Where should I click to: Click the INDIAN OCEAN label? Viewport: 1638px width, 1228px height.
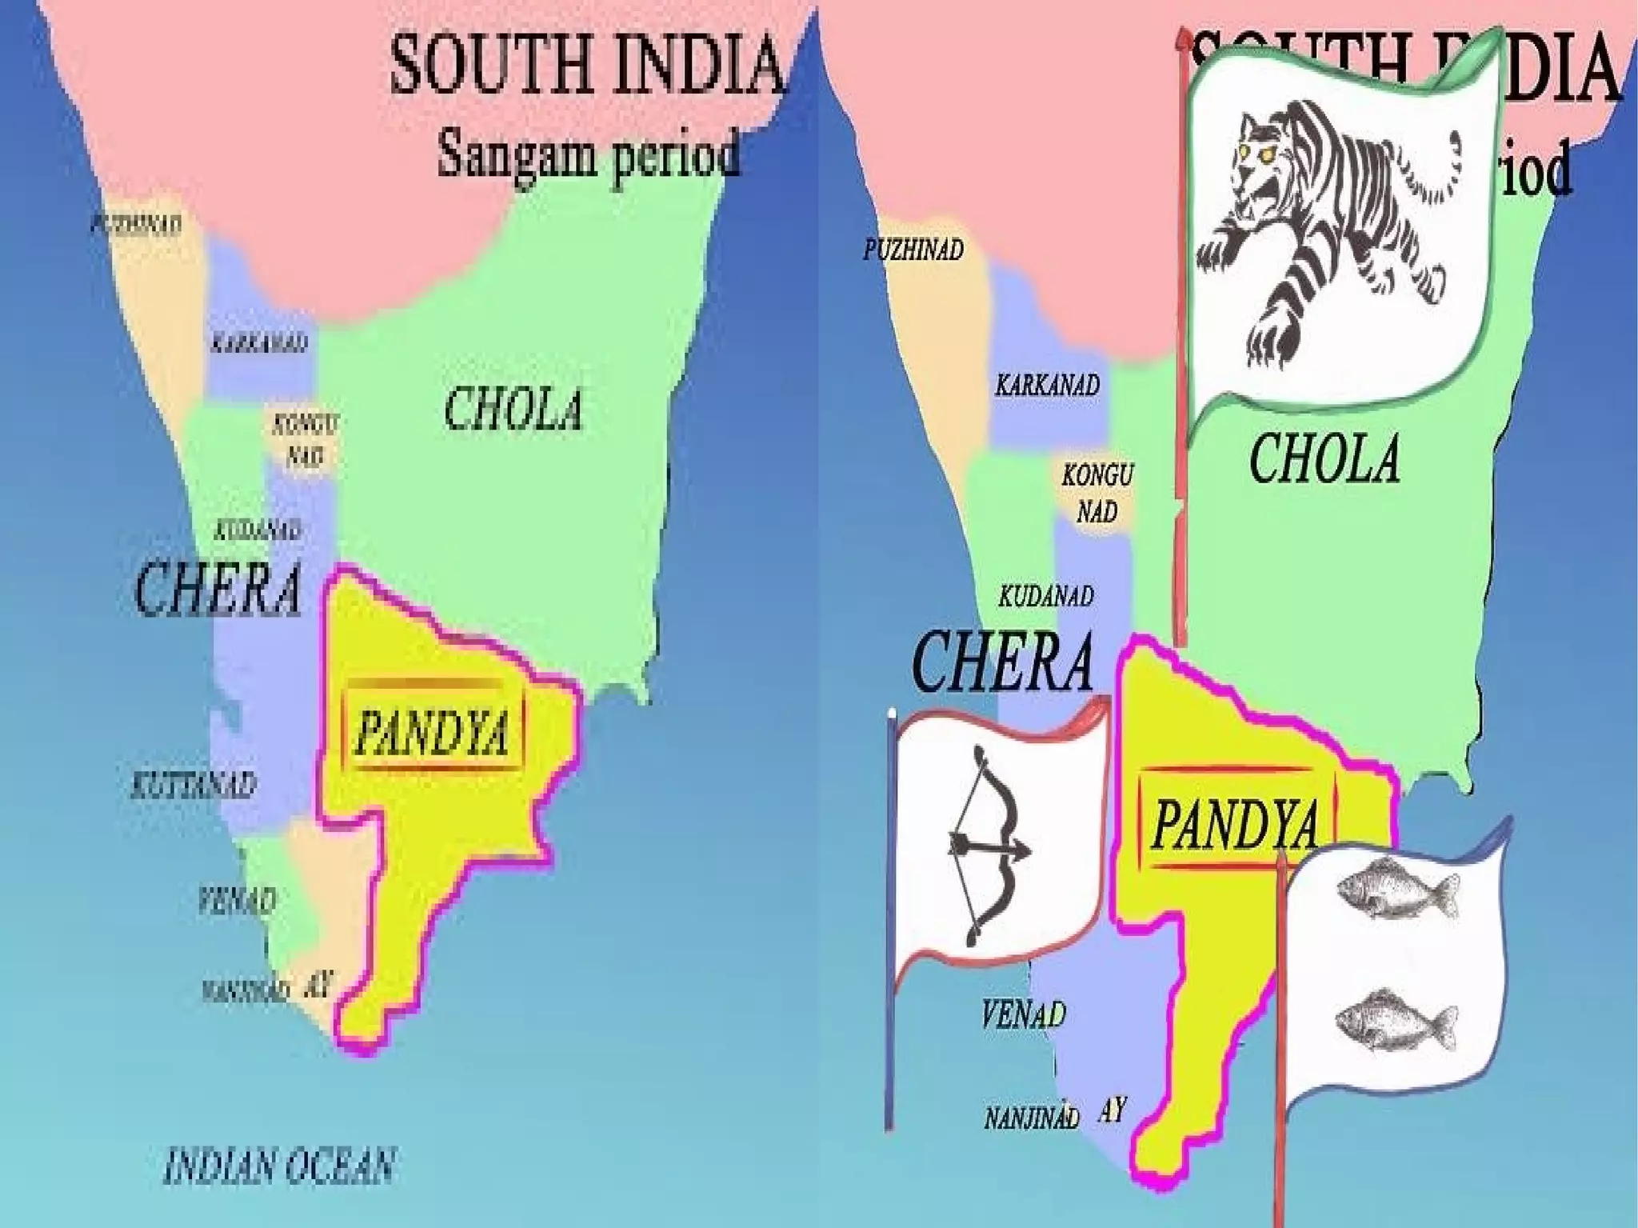click(x=279, y=1166)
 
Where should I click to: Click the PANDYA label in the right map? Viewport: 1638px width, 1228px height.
click(x=1235, y=824)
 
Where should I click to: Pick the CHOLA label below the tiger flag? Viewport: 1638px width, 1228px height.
click(x=1324, y=458)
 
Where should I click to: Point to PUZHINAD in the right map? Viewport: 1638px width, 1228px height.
click(x=913, y=250)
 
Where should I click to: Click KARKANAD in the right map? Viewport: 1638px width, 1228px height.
click(x=1047, y=386)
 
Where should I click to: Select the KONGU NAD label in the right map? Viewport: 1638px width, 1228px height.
click(x=1097, y=493)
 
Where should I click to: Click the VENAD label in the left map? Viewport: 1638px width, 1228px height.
click(x=238, y=901)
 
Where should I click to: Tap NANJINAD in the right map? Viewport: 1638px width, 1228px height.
click(x=1031, y=1118)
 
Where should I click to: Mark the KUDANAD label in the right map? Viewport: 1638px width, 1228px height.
click(x=1046, y=596)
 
